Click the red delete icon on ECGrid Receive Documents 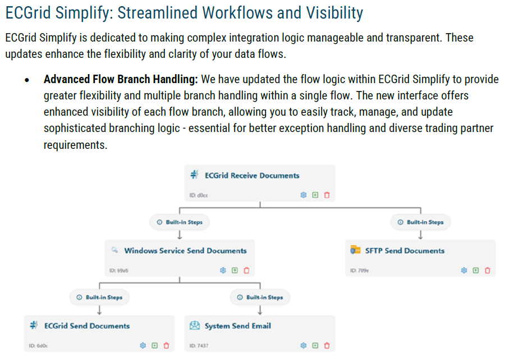(x=327, y=195)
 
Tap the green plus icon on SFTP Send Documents (x=476, y=270)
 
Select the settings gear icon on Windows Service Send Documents (x=223, y=270)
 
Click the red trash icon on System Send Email (x=327, y=345)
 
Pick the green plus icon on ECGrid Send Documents (x=155, y=345)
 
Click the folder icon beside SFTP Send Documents (x=355, y=250)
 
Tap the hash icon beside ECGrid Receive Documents (x=194, y=175)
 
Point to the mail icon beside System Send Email (x=195, y=326)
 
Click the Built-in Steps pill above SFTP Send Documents (x=421, y=222)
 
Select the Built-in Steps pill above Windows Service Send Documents (x=180, y=222)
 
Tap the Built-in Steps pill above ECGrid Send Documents (x=99, y=297)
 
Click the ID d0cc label (x=199, y=195)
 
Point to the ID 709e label (x=360, y=271)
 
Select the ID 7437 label (x=199, y=346)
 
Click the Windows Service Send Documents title (x=185, y=250)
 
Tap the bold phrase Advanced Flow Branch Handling (x=121, y=79)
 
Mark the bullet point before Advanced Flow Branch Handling (x=26, y=80)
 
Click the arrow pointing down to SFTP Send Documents (x=421, y=235)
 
